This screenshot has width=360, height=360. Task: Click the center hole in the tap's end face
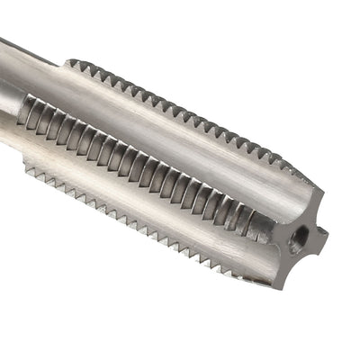tap(299, 238)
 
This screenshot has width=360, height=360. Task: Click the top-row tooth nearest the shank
tap(74, 65)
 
